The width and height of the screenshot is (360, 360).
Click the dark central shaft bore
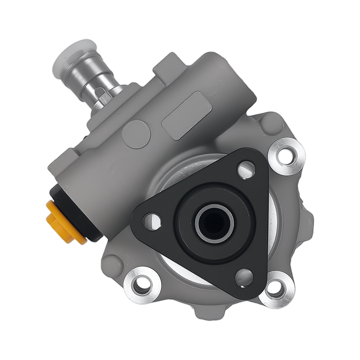click(215, 223)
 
